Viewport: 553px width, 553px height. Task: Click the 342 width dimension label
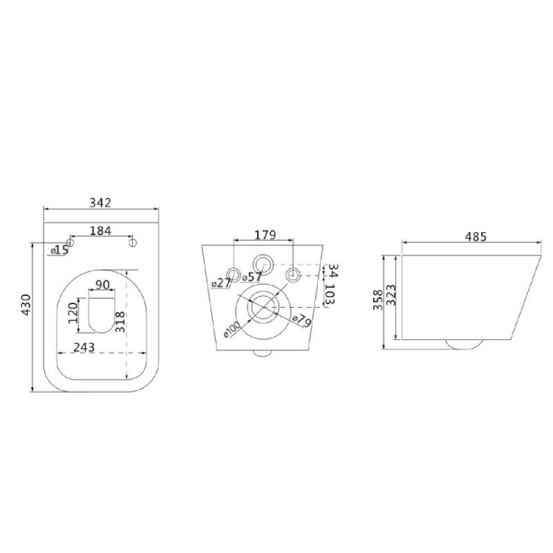(100, 203)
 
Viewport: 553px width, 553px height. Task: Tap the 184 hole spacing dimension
(100, 231)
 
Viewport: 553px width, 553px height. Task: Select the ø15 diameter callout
(59, 250)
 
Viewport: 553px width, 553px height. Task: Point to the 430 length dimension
(26, 305)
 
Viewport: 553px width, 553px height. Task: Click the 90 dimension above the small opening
(102, 284)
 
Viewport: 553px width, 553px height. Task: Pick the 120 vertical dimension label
(73, 312)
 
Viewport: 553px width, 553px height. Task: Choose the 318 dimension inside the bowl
(120, 321)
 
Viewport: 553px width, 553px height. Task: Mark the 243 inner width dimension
(84, 348)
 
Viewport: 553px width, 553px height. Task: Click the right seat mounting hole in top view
(133, 243)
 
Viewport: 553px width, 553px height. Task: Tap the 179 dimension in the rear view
(265, 234)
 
